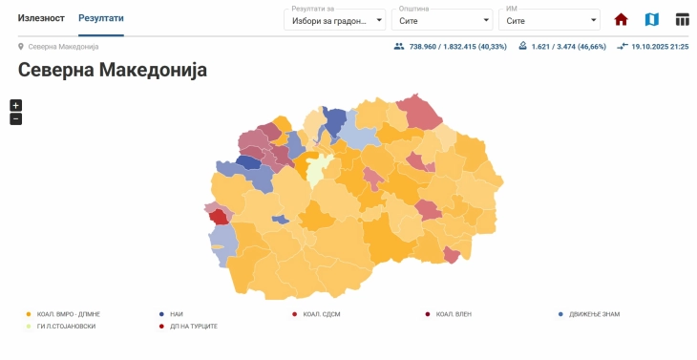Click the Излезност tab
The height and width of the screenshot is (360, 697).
click(x=41, y=18)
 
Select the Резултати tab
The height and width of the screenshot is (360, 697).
click(x=100, y=18)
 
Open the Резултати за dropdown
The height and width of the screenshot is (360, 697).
click(x=334, y=20)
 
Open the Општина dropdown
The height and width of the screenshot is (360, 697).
click(x=442, y=20)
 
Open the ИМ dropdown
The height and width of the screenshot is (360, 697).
click(x=549, y=20)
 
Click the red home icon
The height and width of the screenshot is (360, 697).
click(x=621, y=20)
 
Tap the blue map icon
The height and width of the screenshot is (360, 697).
click(x=651, y=20)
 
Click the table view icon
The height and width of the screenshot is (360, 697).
click(x=682, y=20)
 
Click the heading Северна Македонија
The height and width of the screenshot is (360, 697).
click(x=113, y=70)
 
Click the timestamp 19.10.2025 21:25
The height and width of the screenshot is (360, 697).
click(x=660, y=46)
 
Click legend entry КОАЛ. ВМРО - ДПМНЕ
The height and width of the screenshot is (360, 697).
click(x=68, y=313)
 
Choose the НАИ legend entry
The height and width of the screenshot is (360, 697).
click(x=176, y=313)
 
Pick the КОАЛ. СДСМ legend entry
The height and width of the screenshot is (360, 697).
click(x=322, y=313)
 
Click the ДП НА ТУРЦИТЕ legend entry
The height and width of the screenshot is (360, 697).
click(x=193, y=327)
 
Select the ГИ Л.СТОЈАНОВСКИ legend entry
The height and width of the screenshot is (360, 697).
click(x=66, y=327)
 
